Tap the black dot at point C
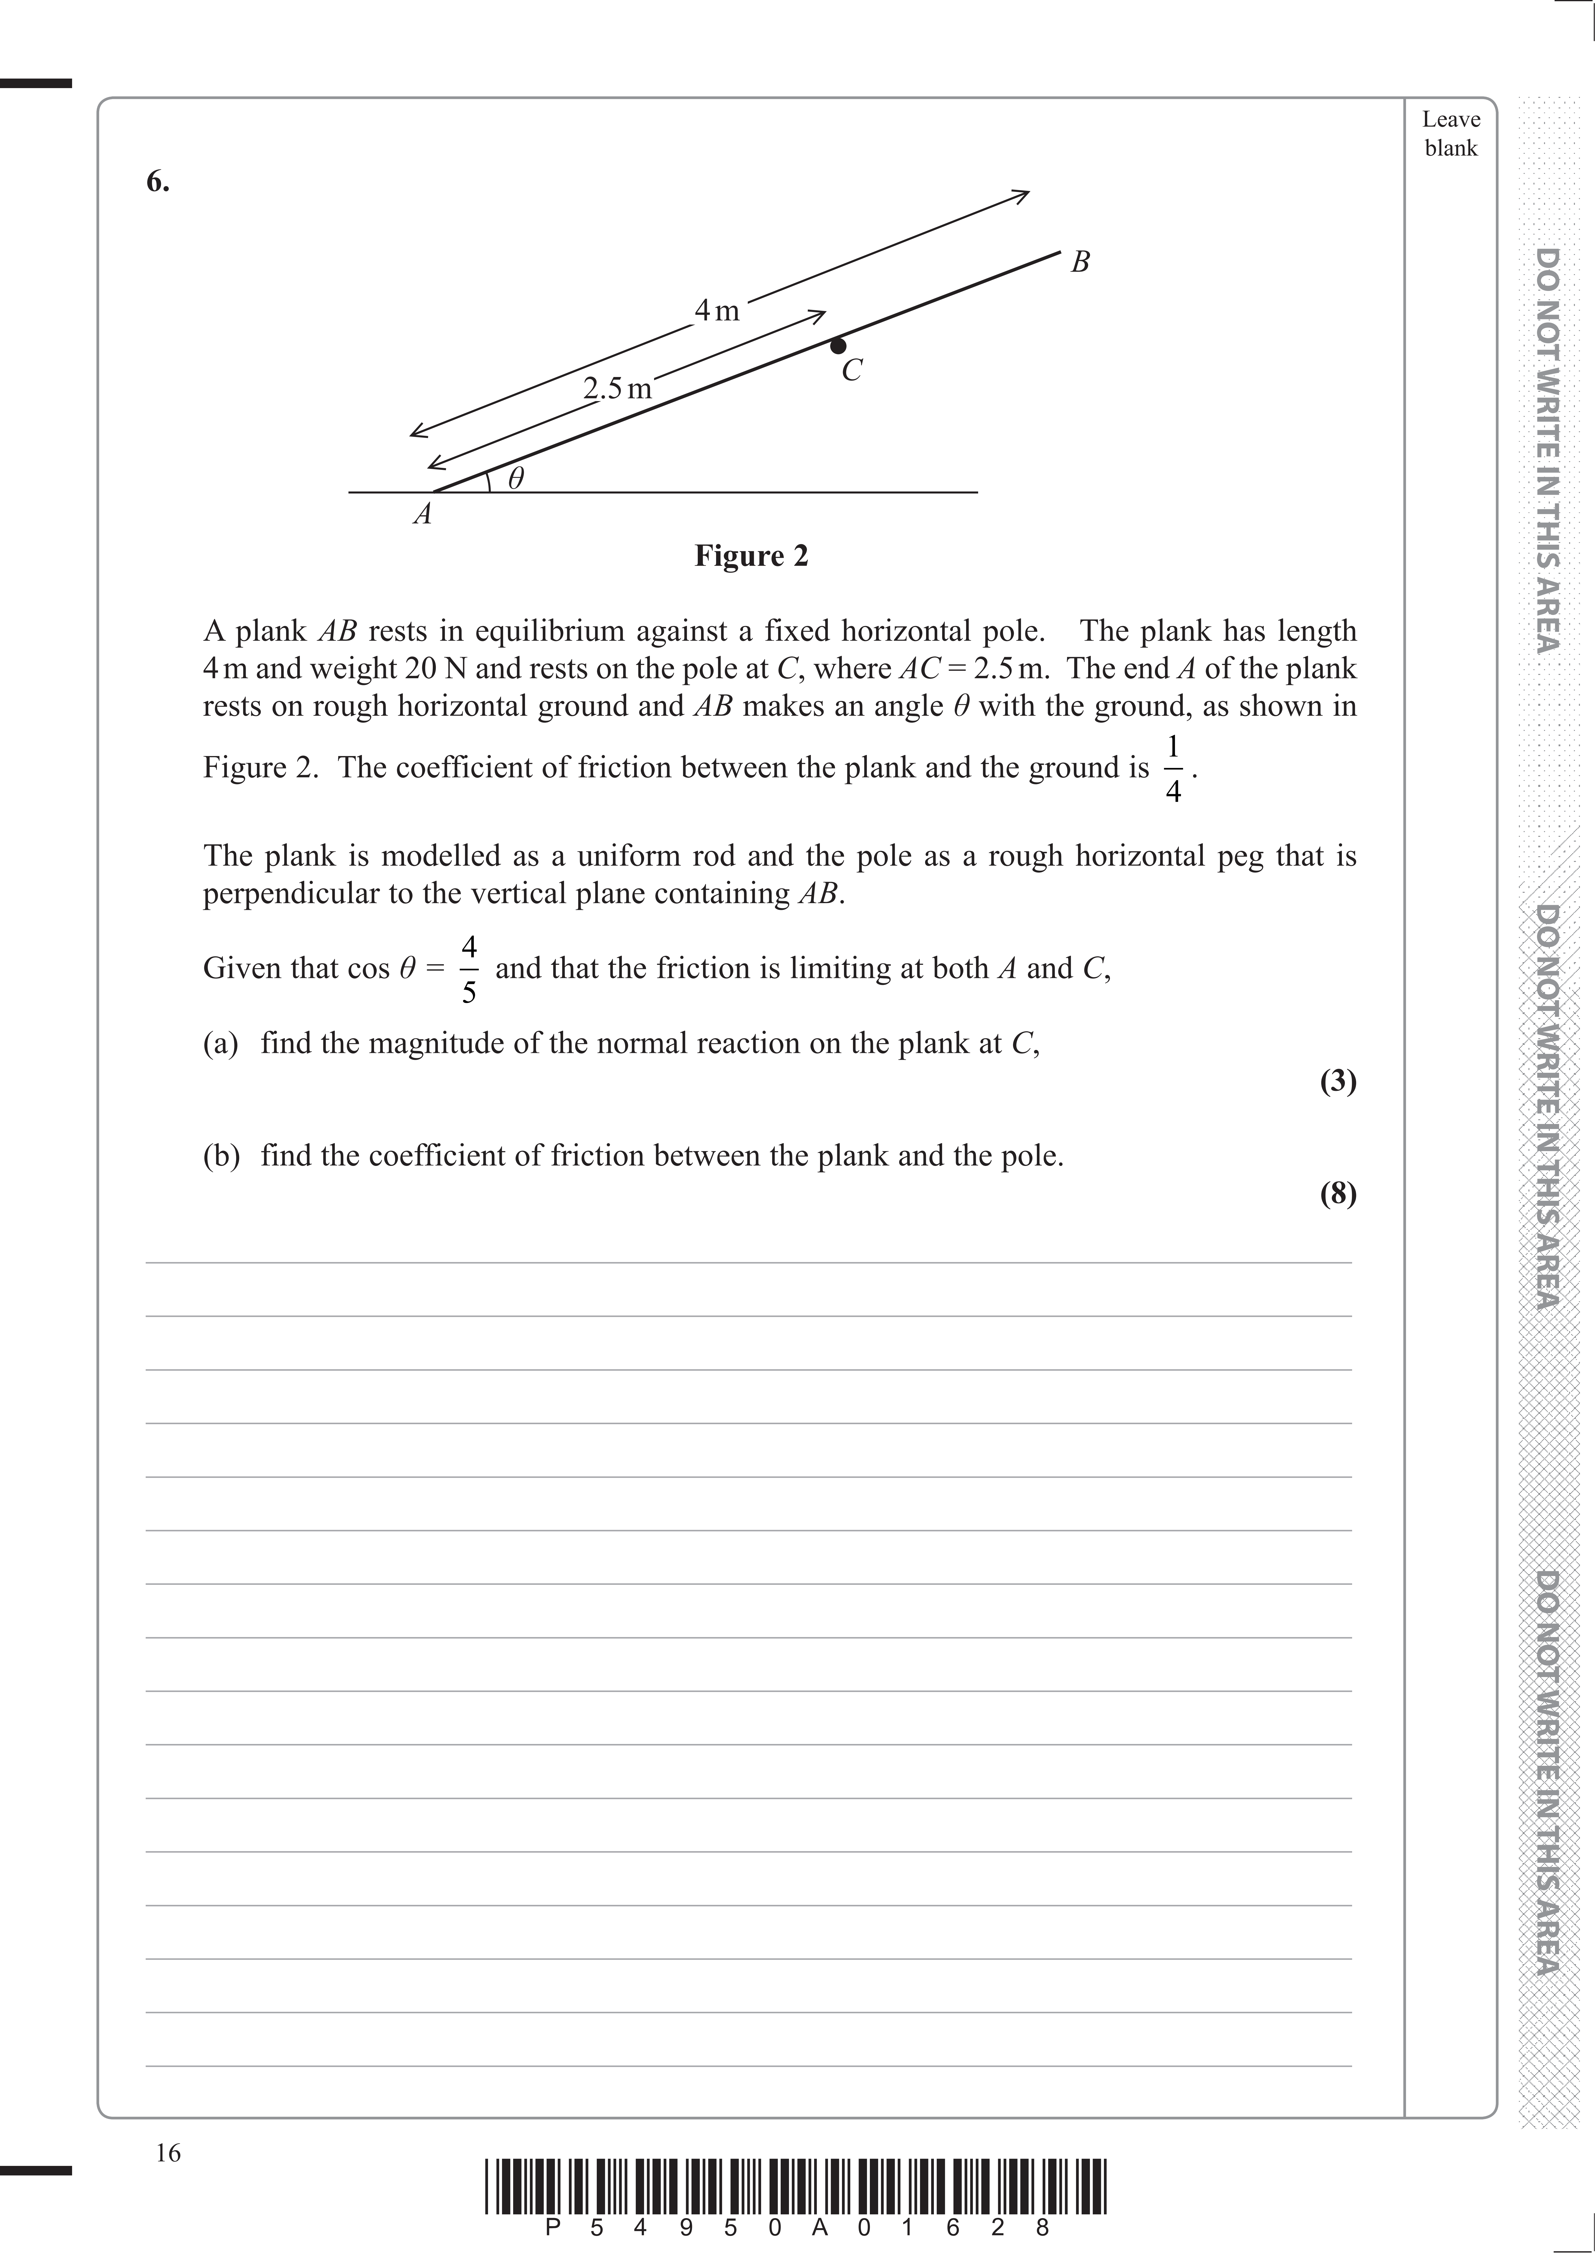pyautogui.click(x=838, y=346)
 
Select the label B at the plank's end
pyautogui.click(x=1080, y=262)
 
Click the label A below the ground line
pyautogui.click(x=422, y=514)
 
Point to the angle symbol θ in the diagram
pyautogui.click(x=516, y=478)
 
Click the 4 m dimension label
pyautogui.click(x=717, y=311)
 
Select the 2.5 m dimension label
pyautogui.click(x=617, y=389)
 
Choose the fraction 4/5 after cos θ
pyautogui.click(x=469, y=969)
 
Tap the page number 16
pyautogui.click(x=168, y=2153)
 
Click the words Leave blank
pyautogui.click(x=1451, y=134)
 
